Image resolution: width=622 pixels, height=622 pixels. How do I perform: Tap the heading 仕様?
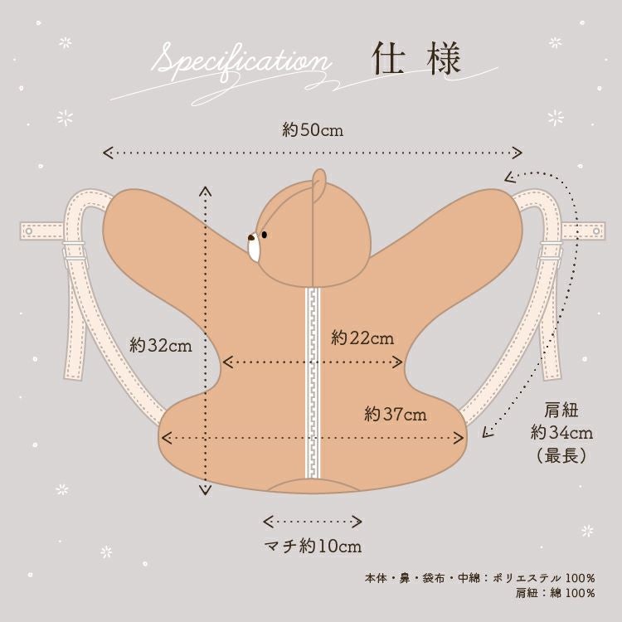[x=415, y=61]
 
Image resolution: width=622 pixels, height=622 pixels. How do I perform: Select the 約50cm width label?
[x=312, y=130]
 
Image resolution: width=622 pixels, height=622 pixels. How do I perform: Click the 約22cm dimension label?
[x=362, y=338]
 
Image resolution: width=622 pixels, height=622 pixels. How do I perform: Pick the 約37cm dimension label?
[x=396, y=414]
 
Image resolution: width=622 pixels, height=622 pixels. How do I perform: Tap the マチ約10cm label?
[x=313, y=547]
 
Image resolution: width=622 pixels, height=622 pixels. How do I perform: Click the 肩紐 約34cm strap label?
[x=561, y=432]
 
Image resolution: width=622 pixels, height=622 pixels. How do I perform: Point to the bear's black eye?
[x=265, y=235]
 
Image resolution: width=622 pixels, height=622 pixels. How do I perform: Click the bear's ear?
[x=318, y=183]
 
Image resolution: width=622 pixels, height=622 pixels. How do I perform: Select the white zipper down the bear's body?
[x=313, y=381]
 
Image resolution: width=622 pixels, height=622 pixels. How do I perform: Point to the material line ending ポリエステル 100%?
[x=479, y=577]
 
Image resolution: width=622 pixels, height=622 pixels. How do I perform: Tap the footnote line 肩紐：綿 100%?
[x=555, y=593]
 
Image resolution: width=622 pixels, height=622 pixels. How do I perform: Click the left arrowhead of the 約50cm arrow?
[x=105, y=152]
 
